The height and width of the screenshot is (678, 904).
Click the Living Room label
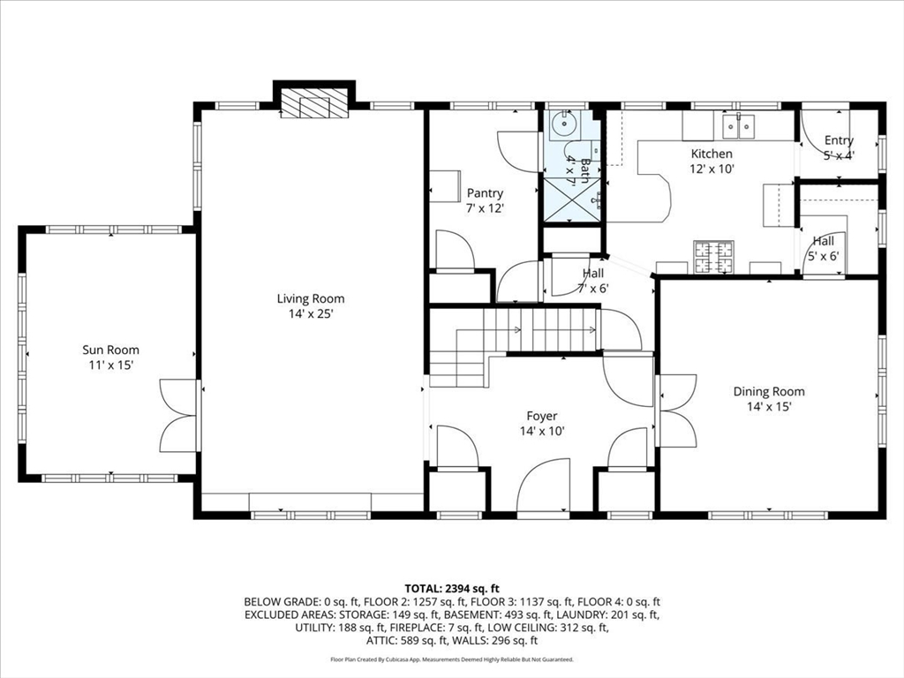click(x=311, y=298)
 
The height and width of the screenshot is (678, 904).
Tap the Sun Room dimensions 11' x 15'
click(x=110, y=365)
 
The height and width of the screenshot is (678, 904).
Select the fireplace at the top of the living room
click(x=314, y=103)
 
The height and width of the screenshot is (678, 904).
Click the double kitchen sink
click(x=738, y=126)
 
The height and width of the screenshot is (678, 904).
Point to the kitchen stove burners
click(x=713, y=257)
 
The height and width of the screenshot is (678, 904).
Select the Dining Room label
click(x=769, y=391)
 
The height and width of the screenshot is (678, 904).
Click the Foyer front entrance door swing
click(x=543, y=485)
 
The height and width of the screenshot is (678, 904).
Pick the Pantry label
click(x=485, y=193)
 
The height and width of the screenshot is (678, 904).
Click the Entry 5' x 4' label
click(x=839, y=147)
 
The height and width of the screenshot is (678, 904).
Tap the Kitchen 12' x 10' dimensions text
click(x=712, y=169)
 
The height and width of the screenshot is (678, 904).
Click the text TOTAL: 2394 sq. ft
click(x=452, y=589)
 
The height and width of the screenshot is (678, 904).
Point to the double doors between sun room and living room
click(x=179, y=415)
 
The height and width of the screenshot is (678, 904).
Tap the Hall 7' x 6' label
click(x=593, y=280)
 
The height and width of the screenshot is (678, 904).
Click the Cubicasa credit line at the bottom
click(x=452, y=659)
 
